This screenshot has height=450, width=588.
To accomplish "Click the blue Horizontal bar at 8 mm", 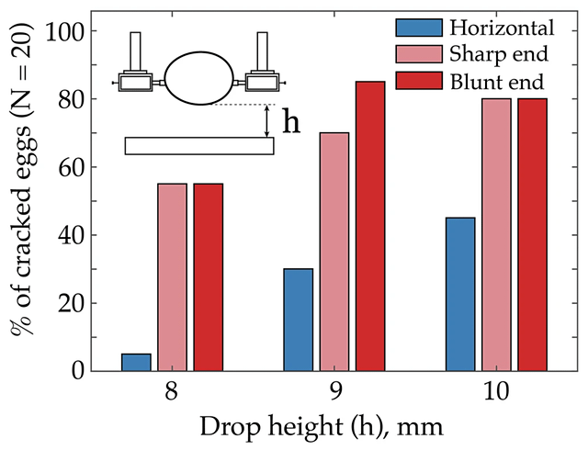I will click(x=136, y=362).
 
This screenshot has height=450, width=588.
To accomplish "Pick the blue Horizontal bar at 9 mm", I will click(x=298, y=320).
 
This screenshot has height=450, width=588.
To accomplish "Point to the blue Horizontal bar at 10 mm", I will click(x=459, y=294).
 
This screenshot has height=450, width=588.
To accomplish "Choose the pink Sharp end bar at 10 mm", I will click(x=495, y=234).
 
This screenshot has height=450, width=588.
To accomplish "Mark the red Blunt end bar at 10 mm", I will click(x=531, y=234).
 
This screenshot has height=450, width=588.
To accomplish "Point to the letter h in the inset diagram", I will click(x=290, y=122).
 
